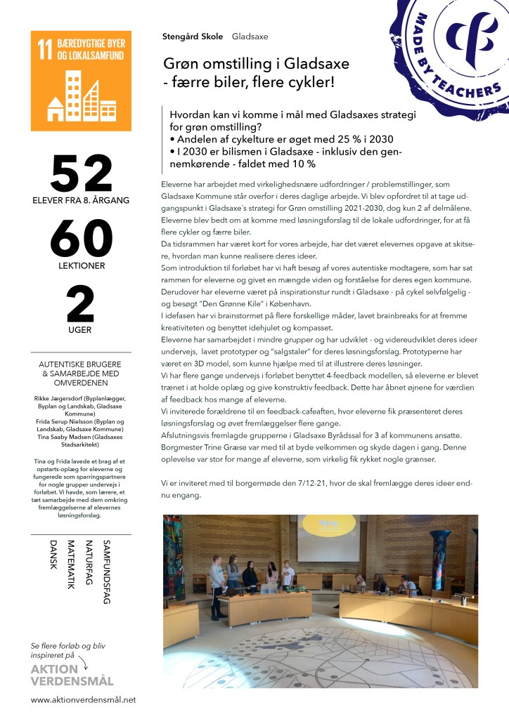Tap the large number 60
tap(82, 240)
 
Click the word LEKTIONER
tap(81, 266)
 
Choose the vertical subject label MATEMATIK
tap(70, 565)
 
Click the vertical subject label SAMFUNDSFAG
tap(107, 572)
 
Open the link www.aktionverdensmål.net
tap(83, 699)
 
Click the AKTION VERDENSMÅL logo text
tap(72, 675)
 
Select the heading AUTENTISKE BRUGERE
tap(81, 365)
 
